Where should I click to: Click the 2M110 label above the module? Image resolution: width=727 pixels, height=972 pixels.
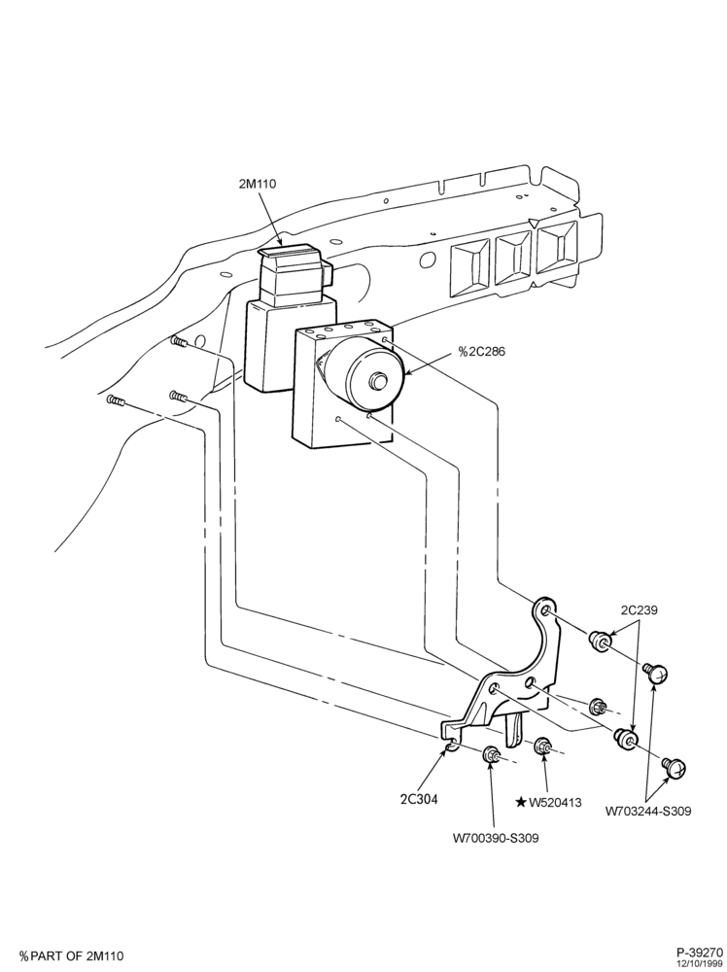tap(258, 184)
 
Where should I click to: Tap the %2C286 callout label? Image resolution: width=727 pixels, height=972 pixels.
tap(481, 352)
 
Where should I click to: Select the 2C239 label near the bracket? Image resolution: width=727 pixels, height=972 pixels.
tap(639, 610)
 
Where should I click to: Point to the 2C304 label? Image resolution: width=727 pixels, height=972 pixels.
tap(419, 799)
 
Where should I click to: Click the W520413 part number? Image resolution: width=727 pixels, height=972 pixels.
tap(555, 803)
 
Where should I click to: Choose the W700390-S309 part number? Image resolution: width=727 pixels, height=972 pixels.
tap(496, 838)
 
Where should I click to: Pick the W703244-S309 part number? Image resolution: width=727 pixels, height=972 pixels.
tap(648, 811)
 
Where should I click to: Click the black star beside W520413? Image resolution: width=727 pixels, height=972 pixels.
tap(521, 803)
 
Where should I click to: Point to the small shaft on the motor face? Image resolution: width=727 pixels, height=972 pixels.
tap(376, 381)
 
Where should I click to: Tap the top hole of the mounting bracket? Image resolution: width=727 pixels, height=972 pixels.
tap(546, 612)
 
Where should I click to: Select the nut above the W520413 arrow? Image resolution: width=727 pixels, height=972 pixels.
tap(543, 746)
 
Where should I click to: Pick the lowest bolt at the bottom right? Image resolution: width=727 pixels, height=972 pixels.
tap(674, 767)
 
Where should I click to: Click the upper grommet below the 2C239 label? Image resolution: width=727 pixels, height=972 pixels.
tap(600, 641)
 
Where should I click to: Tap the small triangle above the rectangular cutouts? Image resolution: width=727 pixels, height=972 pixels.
tap(533, 223)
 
